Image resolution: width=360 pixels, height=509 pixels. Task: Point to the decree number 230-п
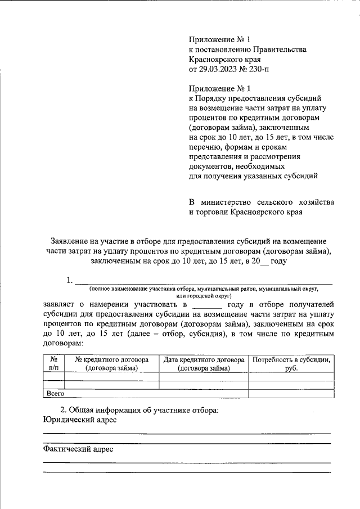(259, 69)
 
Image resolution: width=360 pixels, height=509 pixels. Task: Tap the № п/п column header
(54, 363)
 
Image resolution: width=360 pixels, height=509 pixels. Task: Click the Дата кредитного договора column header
(204, 363)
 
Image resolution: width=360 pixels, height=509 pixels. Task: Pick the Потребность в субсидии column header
(291, 363)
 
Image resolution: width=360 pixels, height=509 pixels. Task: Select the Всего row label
(55, 394)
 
